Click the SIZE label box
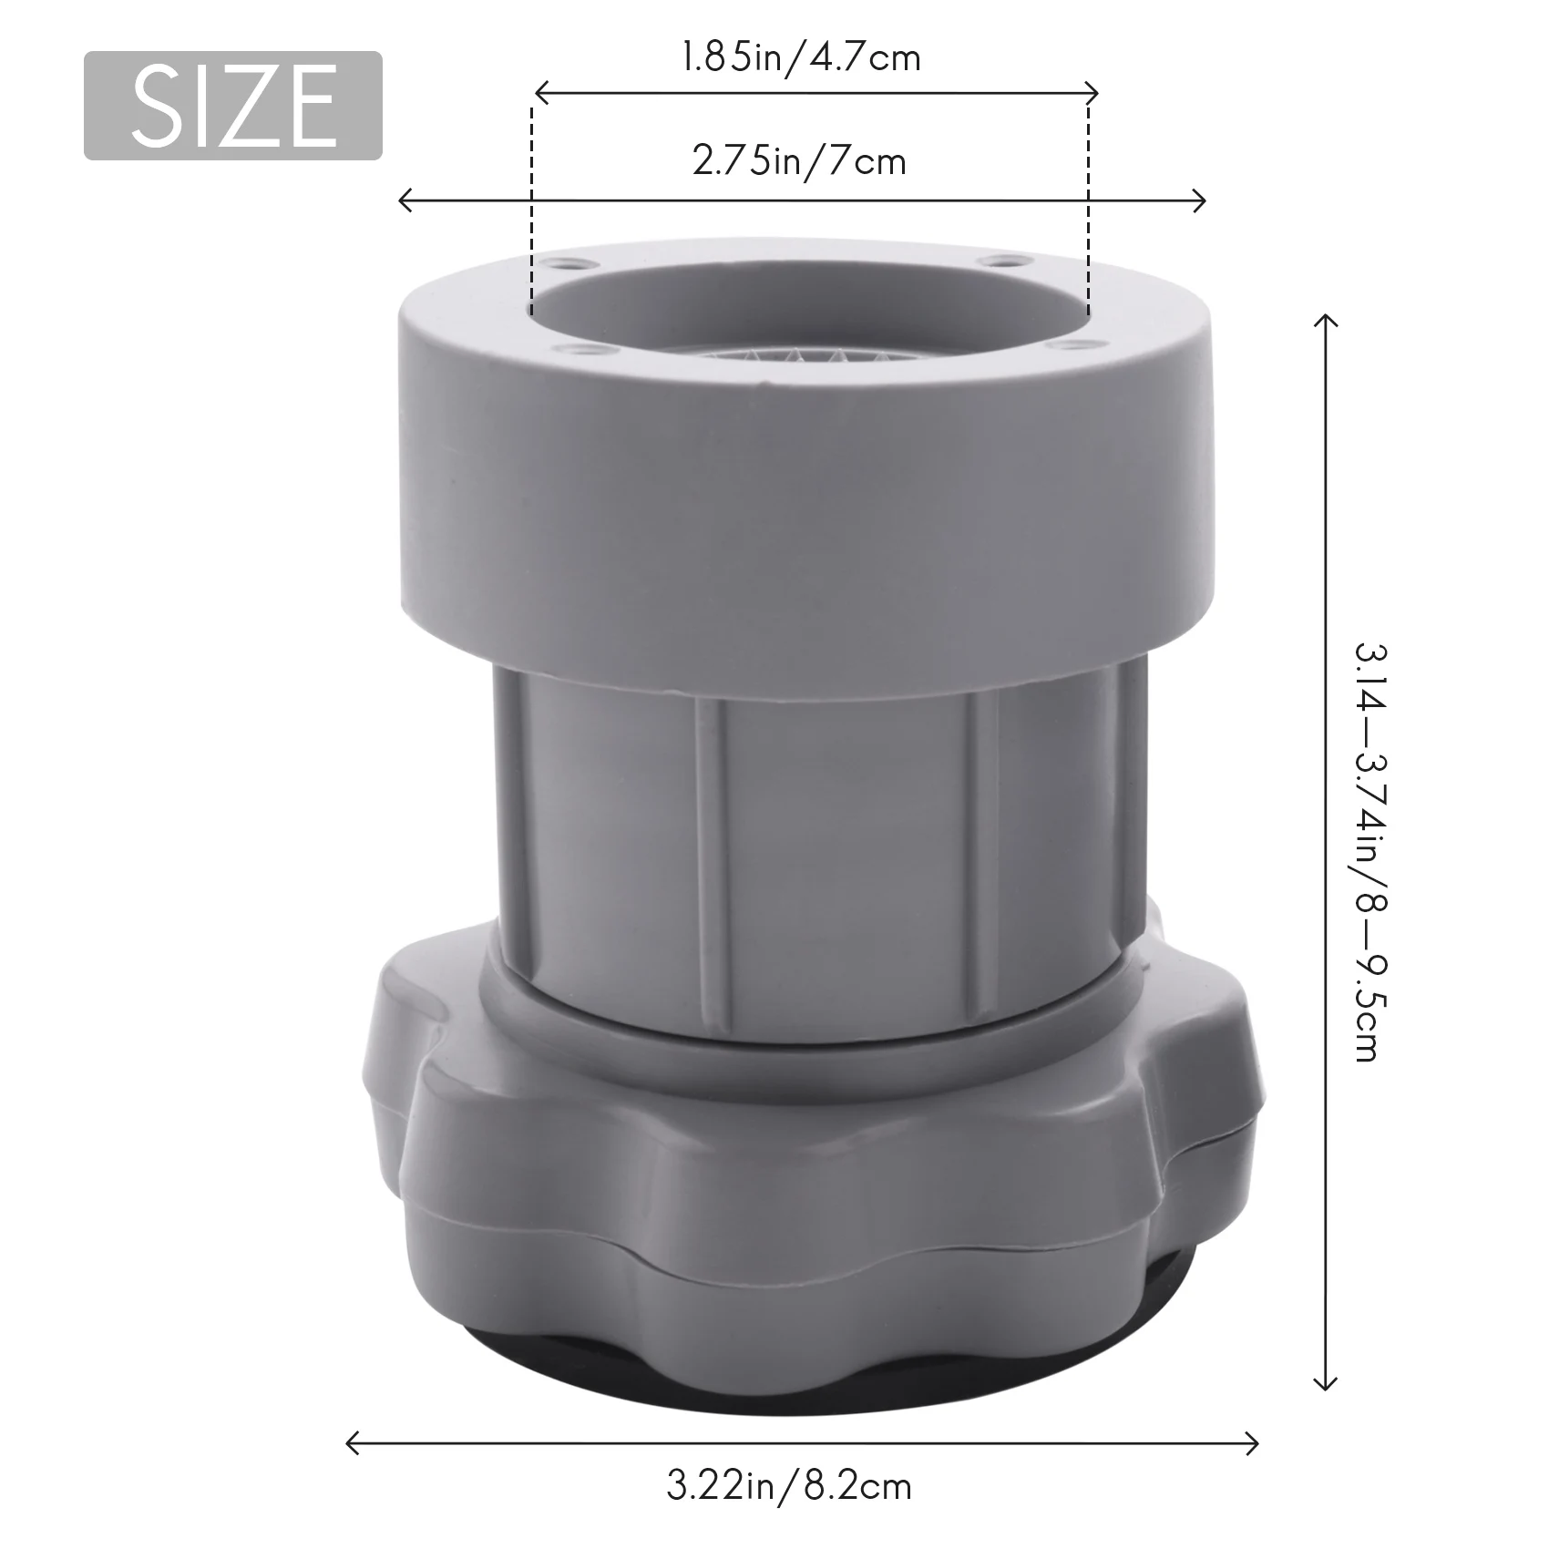[x=233, y=106]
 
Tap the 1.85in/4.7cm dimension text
[x=801, y=58]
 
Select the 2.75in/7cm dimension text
[x=799, y=162]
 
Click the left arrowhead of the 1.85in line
[x=539, y=92]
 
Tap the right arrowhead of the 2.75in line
[x=1201, y=200]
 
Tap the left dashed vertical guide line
[x=530, y=210]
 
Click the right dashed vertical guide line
[x=1088, y=210]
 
